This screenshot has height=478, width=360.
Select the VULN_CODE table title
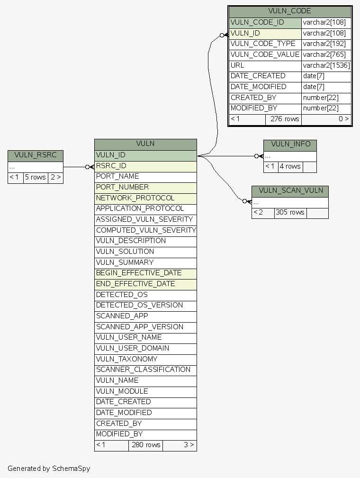pos(289,11)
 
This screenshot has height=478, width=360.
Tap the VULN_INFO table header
pos(290,145)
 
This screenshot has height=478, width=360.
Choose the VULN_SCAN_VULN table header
pos(290,191)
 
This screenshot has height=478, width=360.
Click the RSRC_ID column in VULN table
pos(145,166)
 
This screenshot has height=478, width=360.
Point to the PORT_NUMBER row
pos(145,188)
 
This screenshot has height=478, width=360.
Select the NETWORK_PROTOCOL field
pos(145,198)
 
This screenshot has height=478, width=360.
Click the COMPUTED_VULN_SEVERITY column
pos(145,230)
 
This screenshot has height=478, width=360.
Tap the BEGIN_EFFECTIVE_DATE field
pos(145,273)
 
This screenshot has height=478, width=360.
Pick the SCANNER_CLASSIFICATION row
pos(145,370)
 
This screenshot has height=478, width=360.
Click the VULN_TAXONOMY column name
pos(145,359)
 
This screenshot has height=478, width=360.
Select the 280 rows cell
pos(145,445)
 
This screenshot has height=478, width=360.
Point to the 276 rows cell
pos(284,119)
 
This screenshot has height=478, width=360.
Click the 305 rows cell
pos(290,213)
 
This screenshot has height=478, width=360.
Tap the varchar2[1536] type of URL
pos(326,66)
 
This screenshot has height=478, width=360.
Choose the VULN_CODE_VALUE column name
pos(265,55)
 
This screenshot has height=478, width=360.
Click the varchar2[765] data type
pos(326,55)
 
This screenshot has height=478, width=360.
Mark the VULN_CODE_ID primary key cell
pos(265,23)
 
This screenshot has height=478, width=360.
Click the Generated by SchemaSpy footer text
pos(49,469)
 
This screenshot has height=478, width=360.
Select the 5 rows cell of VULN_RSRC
pos(36,178)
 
